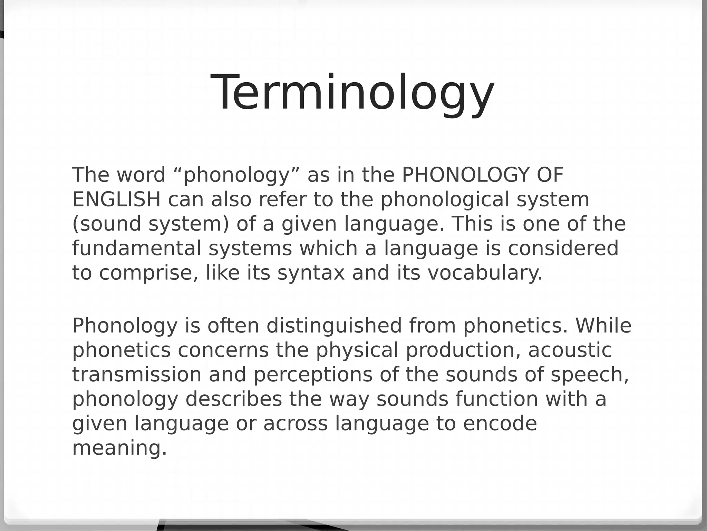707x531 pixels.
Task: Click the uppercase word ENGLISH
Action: click(x=116, y=199)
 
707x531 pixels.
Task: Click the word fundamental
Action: click(x=136, y=248)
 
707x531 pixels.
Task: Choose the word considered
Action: click(x=563, y=248)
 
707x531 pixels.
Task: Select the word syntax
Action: click(x=311, y=273)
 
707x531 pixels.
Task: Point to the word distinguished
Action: click(x=334, y=326)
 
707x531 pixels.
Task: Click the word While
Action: click(x=603, y=326)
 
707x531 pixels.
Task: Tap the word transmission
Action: click(x=136, y=375)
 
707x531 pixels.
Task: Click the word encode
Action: click(x=500, y=423)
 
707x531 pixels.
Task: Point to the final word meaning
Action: click(x=119, y=448)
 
